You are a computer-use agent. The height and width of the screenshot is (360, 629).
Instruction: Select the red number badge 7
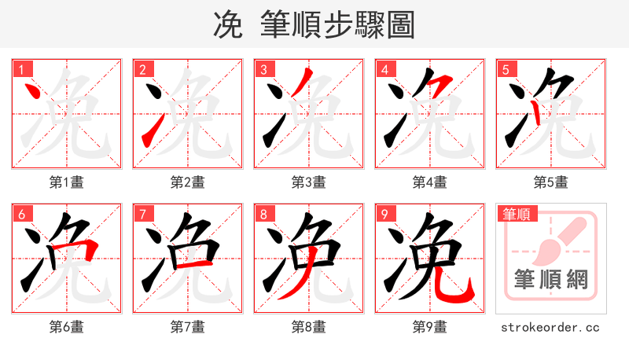point(142,214)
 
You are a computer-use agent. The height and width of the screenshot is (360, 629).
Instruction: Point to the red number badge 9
point(384,214)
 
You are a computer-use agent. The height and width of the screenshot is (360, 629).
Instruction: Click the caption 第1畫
point(67,182)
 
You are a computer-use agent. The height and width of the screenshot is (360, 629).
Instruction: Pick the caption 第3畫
point(309,182)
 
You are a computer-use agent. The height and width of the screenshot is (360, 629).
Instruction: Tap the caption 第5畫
point(551,182)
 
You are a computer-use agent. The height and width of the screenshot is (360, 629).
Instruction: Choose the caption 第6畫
point(67,326)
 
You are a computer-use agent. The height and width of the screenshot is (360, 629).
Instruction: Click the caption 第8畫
point(309,326)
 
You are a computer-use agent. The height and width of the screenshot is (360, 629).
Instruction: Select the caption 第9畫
point(430,326)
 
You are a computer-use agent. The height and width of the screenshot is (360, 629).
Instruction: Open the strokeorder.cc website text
point(550,326)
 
